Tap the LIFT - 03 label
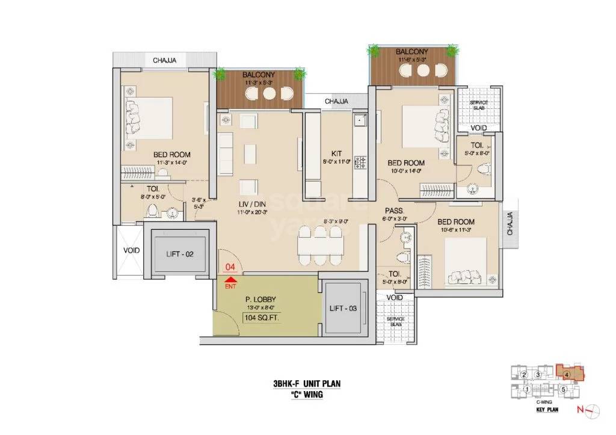[x=343, y=307]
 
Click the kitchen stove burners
[x=361, y=161]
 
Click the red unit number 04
[x=229, y=267]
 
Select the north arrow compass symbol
[x=593, y=409]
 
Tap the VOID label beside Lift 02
[x=131, y=250]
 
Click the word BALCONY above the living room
[x=259, y=75]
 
